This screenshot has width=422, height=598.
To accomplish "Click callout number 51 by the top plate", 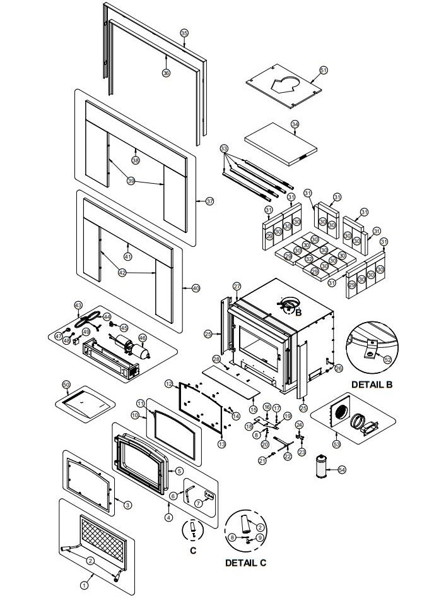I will pos(324,70).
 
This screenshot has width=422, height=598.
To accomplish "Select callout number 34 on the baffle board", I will pos(295,124).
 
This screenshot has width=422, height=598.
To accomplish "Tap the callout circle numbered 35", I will pos(184,33).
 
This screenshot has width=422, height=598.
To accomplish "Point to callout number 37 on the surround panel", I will pos(209,201).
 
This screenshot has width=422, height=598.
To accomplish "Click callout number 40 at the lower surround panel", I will pos(196,288).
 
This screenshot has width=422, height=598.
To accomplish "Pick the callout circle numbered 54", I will pos(342,469).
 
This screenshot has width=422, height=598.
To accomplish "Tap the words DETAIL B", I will pos(368,383).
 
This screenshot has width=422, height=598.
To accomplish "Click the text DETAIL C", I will pos(246,562).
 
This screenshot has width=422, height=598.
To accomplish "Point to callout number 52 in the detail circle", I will pos(387,360).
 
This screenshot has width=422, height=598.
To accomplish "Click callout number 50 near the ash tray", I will pos(66,384).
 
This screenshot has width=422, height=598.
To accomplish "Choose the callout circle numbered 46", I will pos(143,337).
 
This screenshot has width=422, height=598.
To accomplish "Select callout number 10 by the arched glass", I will pos(135,415).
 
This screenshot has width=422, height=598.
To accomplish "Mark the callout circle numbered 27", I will pos(237,286).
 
